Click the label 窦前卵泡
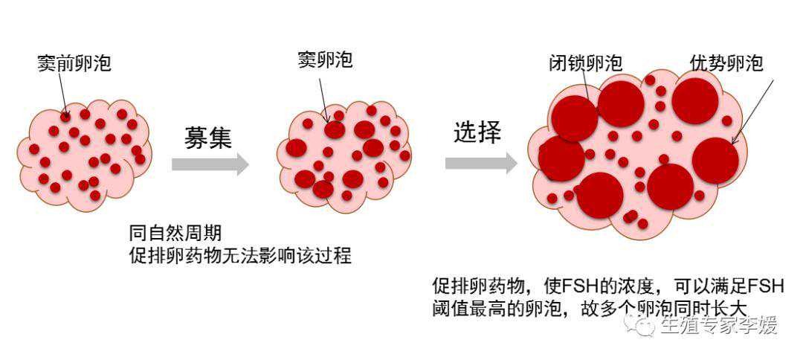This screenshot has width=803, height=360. pyautogui.click(x=74, y=63)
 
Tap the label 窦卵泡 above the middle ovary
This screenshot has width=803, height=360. pyautogui.click(x=325, y=60)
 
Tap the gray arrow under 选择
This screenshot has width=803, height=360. pyautogui.click(x=480, y=163)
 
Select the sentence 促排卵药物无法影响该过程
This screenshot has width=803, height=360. pyautogui.click(x=239, y=257)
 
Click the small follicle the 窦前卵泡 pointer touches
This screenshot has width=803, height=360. pyautogui.click(x=65, y=117)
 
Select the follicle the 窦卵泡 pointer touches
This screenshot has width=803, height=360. pyautogui.click(x=334, y=129)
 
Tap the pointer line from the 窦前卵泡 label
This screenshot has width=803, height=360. pyautogui.click(x=62, y=93)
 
